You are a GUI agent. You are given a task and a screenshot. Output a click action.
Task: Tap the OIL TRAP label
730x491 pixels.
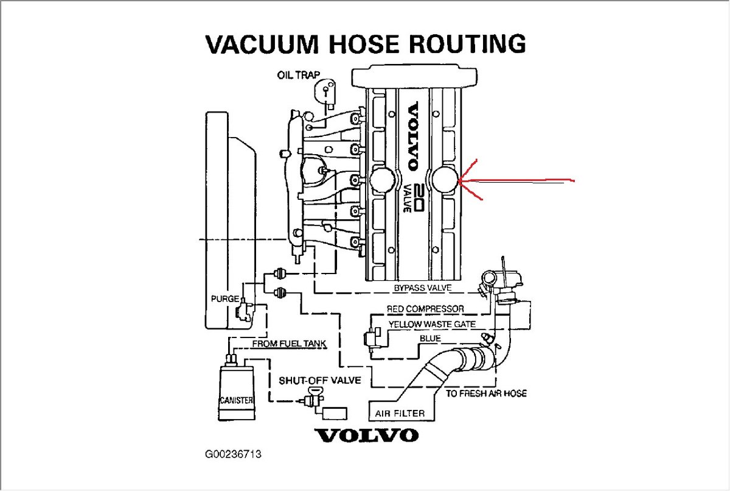[299, 76]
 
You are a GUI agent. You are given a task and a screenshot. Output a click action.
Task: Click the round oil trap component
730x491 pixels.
[326, 91]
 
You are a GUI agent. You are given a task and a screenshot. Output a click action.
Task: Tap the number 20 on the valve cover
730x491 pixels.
[418, 196]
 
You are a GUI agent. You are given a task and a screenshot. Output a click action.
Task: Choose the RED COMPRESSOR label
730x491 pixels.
[425, 309]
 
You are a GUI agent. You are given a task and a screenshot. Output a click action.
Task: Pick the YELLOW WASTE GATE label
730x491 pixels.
[432, 324]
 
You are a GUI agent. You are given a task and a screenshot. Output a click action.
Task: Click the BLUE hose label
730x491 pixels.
[430, 339]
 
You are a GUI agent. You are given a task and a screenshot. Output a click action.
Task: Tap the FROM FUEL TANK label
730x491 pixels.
[289, 344]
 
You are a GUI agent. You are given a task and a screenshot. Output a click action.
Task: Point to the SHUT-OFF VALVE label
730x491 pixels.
[319, 381]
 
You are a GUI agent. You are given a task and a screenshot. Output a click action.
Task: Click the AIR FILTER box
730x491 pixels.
[401, 413]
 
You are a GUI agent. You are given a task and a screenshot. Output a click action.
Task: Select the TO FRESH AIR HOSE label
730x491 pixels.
[486, 394]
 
